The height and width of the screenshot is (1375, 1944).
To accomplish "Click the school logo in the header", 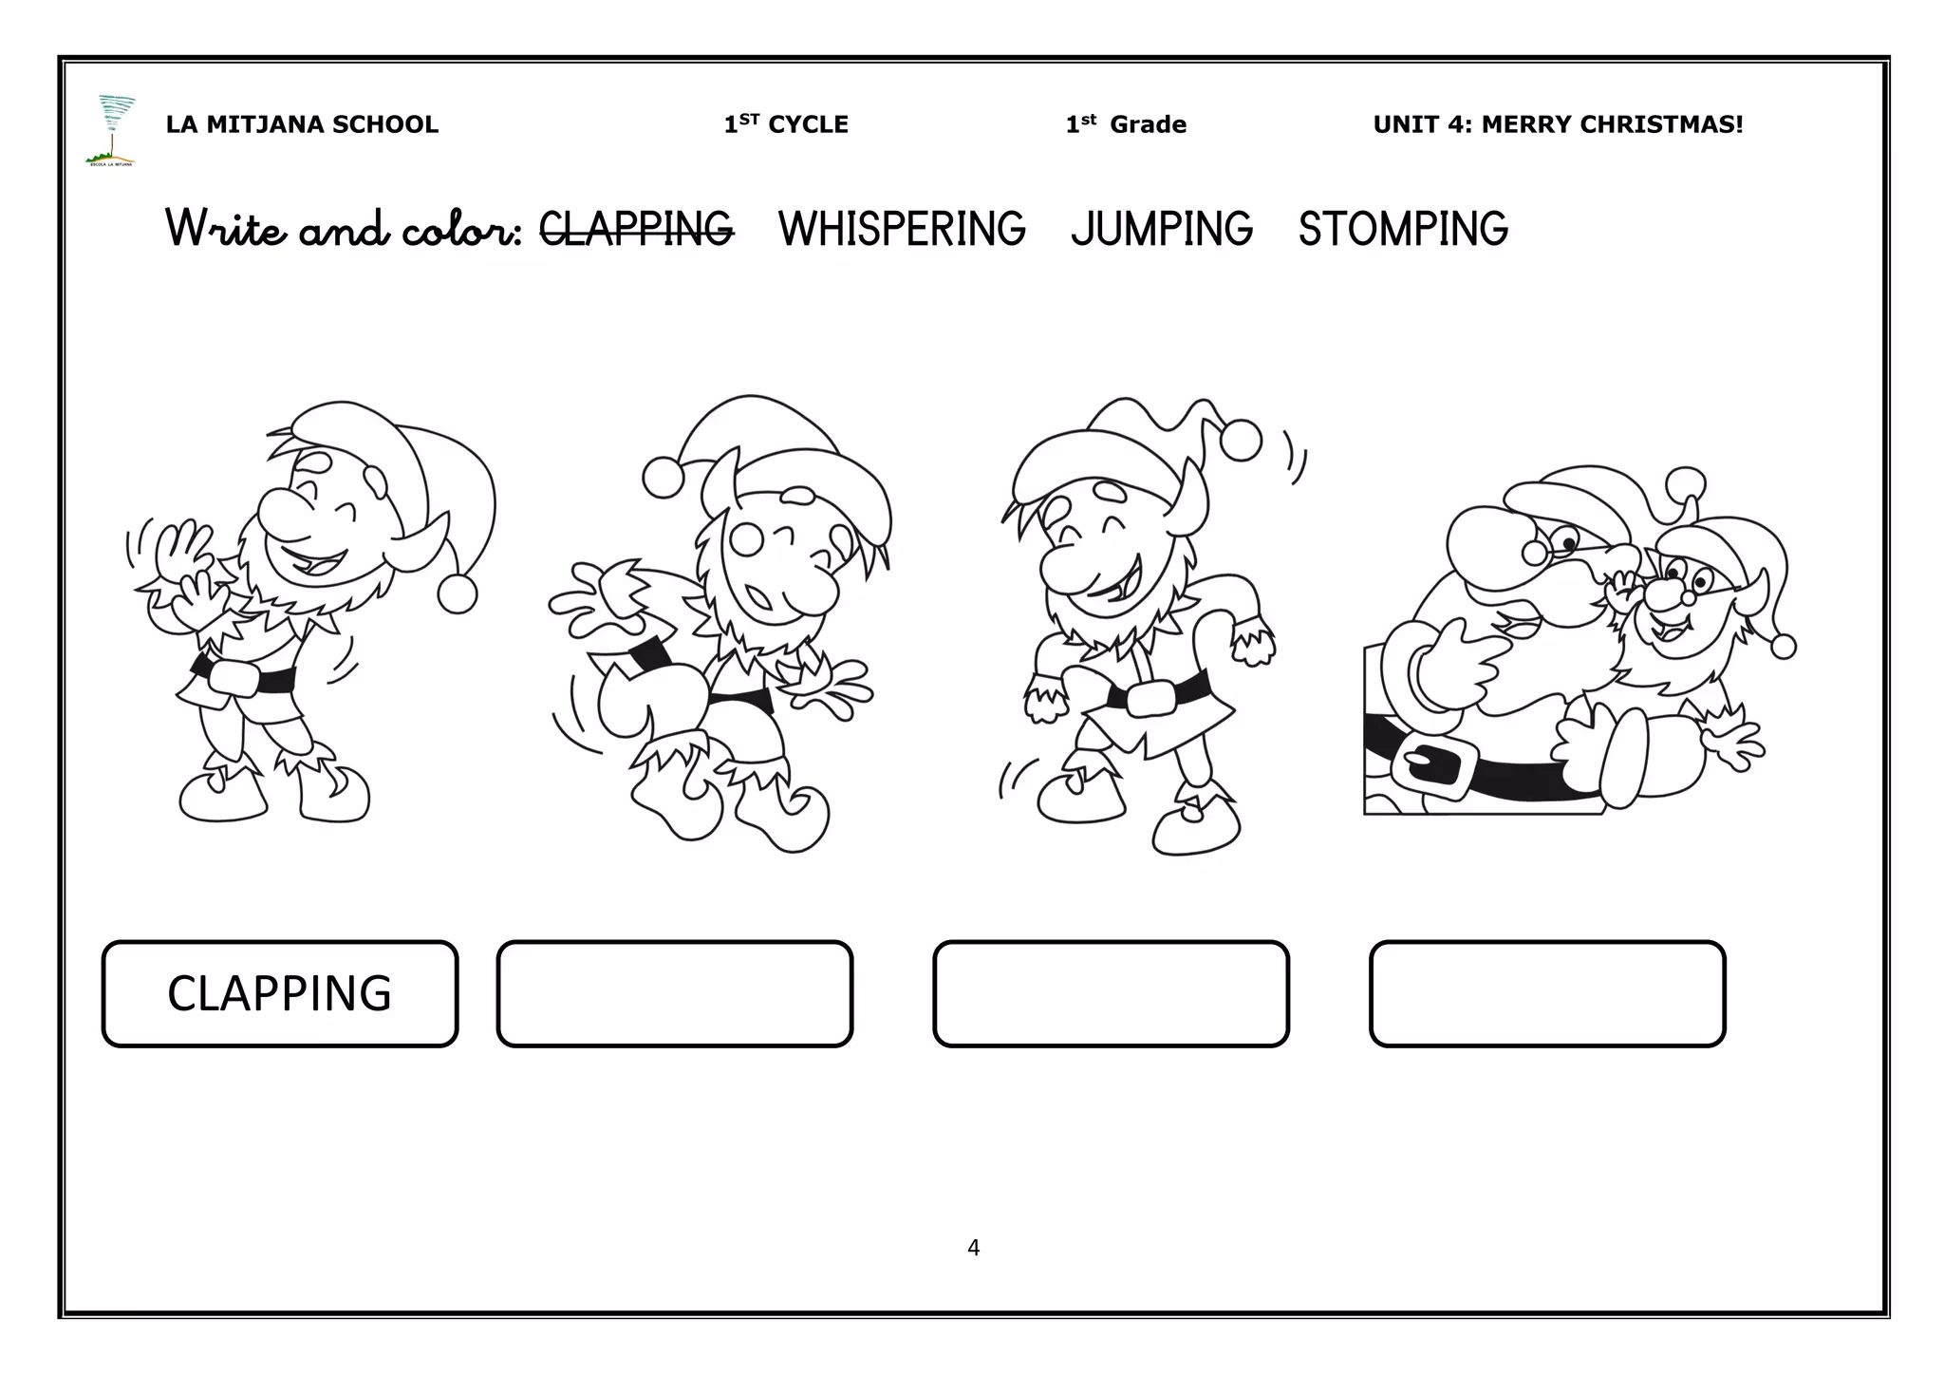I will tap(112, 130).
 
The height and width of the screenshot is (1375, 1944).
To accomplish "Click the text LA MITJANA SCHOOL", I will tap(302, 124).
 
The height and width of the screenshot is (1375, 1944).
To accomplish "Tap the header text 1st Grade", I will tap(1126, 124).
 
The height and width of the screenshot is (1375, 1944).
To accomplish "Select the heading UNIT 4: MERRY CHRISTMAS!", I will tap(1558, 124).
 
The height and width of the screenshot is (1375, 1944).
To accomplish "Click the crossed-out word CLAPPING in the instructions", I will tap(636, 229).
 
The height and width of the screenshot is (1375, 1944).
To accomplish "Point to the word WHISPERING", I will tap(902, 229).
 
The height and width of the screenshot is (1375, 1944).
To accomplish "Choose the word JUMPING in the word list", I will tap(1162, 229).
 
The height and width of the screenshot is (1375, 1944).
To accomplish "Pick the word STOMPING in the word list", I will tap(1403, 229).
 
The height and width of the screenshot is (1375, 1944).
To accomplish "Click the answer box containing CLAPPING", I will tap(280, 993).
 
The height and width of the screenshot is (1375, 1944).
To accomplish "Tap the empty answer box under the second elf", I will tap(674, 993).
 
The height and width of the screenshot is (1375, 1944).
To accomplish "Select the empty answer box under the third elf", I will tap(1111, 993).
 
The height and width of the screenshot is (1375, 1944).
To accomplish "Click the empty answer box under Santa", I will tap(1547, 993).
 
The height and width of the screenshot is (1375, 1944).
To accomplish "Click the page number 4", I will tap(973, 1248).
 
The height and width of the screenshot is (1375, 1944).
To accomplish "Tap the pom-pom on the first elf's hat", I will tap(457, 593).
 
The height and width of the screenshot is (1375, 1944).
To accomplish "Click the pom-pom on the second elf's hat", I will tap(663, 477).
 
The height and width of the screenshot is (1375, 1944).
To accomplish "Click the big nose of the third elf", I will tap(1063, 567).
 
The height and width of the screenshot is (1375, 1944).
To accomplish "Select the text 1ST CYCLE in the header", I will tap(786, 124).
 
